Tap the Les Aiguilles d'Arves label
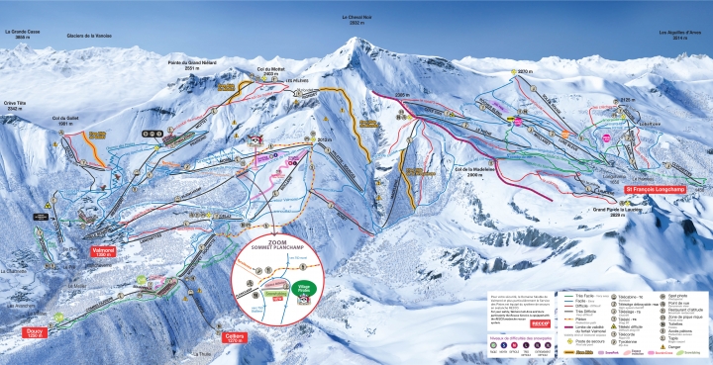click(678, 33)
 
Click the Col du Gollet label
click(66, 123)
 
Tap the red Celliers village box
click(235, 335)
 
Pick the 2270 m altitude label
click(524, 72)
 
